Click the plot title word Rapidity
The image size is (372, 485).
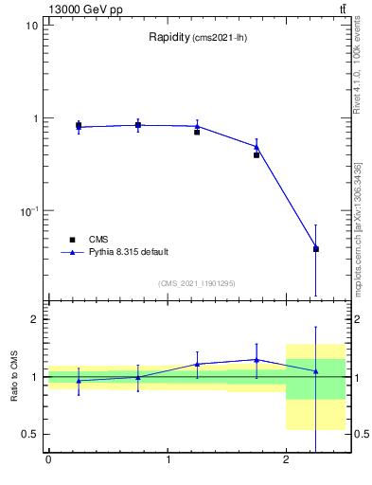(x=169, y=37)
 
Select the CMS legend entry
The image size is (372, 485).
(x=98, y=240)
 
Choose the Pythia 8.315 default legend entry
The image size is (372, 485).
(x=129, y=252)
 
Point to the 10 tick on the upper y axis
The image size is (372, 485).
(x=31, y=26)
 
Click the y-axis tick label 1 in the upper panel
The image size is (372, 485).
(x=34, y=118)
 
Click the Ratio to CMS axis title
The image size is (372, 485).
(x=15, y=377)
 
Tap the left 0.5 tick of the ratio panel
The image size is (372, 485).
(x=29, y=434)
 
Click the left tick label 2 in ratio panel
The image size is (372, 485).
(x=34, y=319)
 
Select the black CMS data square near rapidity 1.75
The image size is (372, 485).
(x=257, y=154)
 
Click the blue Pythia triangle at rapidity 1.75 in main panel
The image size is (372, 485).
(x=257, y=147)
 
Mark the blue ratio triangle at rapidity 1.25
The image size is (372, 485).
(x=197, y=364)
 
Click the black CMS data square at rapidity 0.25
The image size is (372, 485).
(x=79, y=125)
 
